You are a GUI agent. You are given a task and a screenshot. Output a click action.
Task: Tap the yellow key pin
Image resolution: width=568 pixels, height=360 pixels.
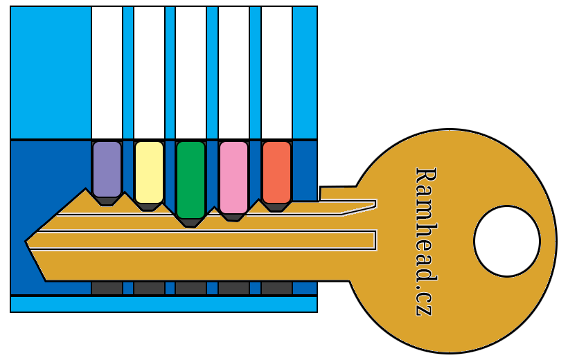click(149, 172)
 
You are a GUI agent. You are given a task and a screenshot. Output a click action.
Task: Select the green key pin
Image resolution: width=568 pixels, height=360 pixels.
click(190, 179)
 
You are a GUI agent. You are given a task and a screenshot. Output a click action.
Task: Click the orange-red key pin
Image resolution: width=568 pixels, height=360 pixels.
click(276, 171)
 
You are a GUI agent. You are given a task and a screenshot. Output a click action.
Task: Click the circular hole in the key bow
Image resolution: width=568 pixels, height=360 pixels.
click(506, 241)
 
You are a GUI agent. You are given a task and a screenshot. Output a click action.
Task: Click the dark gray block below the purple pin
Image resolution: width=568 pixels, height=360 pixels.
click(107, 288)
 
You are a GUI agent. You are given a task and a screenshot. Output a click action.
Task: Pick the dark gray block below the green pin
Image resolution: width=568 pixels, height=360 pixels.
click(190, 288)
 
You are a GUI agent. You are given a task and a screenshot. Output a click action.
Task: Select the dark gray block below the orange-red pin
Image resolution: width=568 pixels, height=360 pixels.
click(276, 288)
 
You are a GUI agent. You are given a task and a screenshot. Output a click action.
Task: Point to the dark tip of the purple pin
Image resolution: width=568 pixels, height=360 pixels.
click(107, 201)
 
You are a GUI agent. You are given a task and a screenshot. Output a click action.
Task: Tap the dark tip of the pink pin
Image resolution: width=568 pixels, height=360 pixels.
click(233, 217)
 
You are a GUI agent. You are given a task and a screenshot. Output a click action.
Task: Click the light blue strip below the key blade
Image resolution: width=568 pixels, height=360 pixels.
click(163, 304)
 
